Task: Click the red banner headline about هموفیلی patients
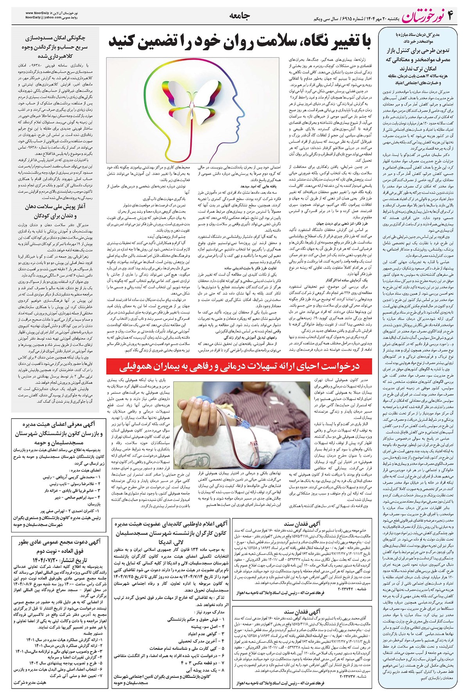point(239,366)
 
